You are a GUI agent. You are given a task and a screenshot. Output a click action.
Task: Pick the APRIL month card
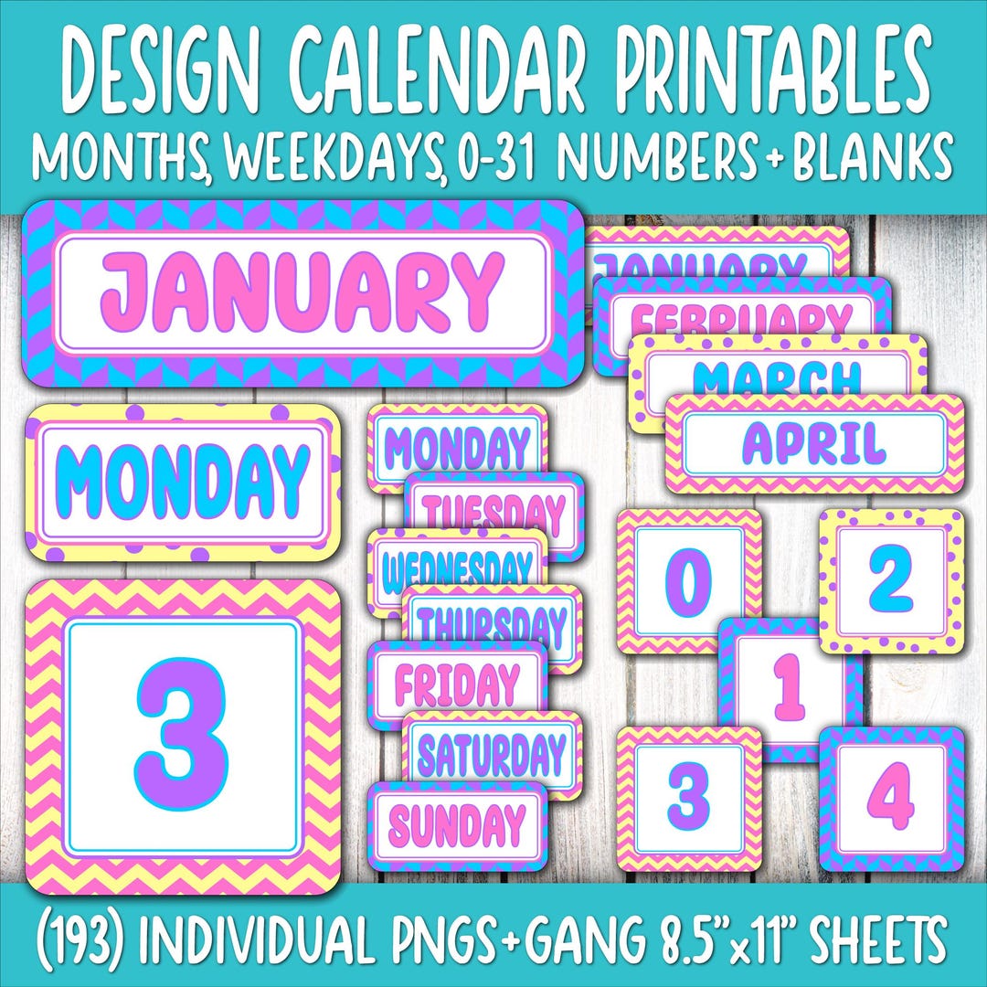813,443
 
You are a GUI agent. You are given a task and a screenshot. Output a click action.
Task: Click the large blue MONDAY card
183,480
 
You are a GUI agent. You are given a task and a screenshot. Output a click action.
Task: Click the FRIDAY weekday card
457,684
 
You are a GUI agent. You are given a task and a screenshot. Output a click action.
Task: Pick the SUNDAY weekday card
457,825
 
